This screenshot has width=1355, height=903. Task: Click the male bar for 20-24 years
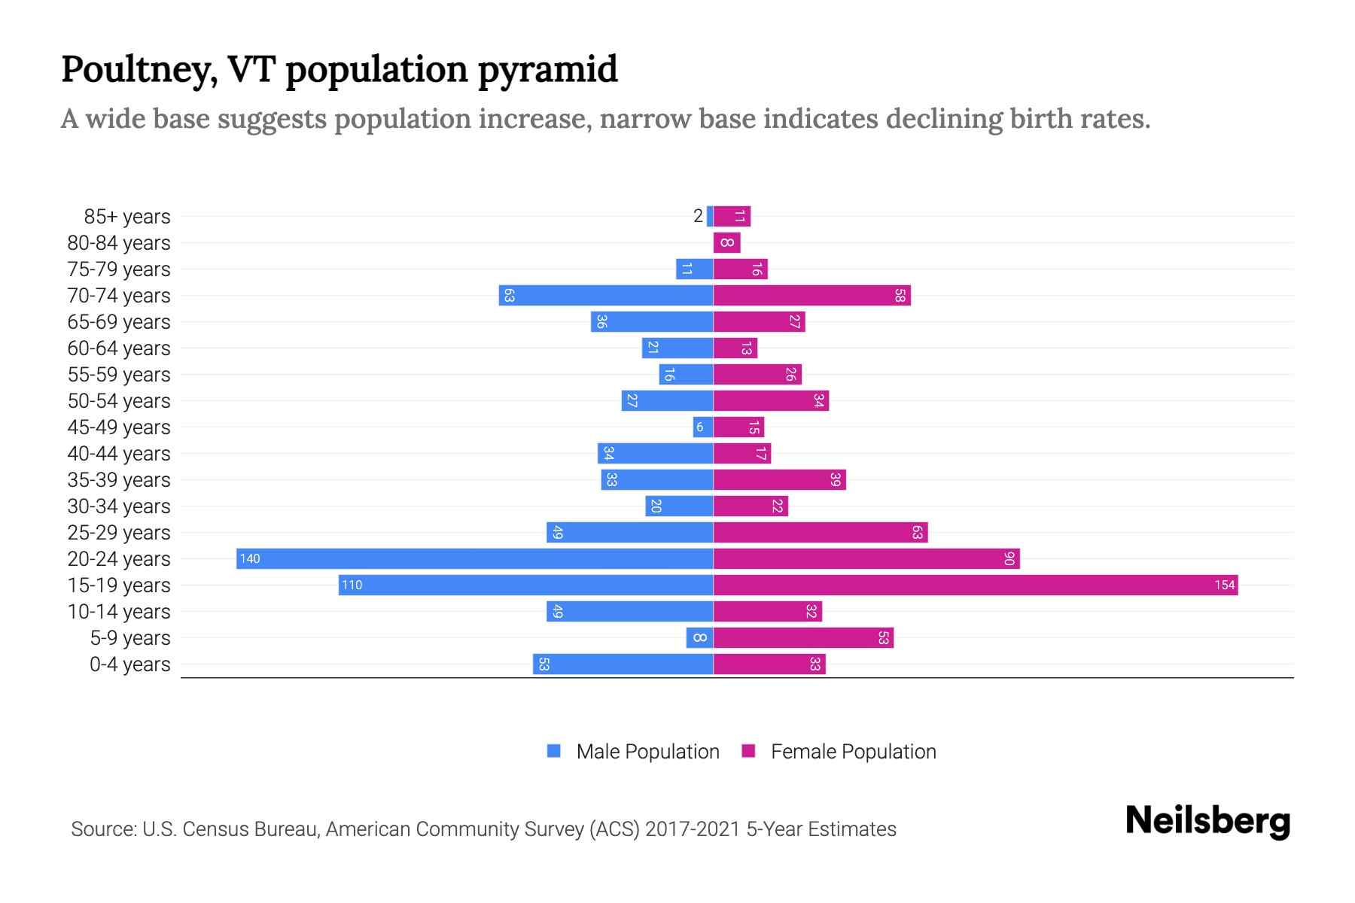click(x=474, y=558)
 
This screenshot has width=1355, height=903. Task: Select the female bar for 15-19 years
click(x=975, y=585)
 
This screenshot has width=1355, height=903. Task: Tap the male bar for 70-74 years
click(x=606, y=295)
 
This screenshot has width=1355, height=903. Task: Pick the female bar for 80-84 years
click(x=726, y=242)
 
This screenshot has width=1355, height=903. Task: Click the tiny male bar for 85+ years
click(x=710, y=216)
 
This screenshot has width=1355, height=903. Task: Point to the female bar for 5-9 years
click(x=803, y=637)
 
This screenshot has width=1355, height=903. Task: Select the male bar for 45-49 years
click(x=702, y=427)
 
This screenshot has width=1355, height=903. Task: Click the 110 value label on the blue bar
click(x=352, y=585)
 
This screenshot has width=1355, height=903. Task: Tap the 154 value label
click(x=1224, y=585)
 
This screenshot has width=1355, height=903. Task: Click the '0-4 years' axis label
click(x=129, y=664)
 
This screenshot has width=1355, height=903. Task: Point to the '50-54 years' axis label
click(x=119, y=401)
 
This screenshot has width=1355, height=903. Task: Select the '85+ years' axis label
click(x=126, y=217)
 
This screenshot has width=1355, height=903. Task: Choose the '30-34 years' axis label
click(x=119, y=506)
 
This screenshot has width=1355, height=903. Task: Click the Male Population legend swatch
click(x=554, y=751)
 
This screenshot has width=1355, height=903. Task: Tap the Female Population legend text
click(x=853, y=751)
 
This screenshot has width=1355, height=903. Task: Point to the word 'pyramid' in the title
click(x=547, y=70)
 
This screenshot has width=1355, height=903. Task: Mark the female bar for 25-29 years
click(x=821, y=532)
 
